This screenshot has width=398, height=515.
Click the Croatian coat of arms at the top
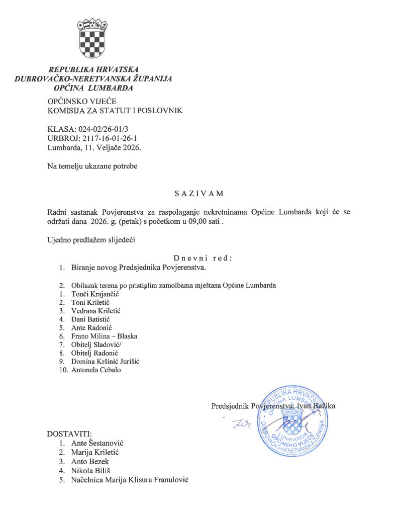92,38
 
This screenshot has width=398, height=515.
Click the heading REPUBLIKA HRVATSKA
93,69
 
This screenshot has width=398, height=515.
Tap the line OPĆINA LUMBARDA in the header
93,88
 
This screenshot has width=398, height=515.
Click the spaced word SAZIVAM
199,193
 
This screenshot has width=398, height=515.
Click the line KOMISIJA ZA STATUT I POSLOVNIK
115,110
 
